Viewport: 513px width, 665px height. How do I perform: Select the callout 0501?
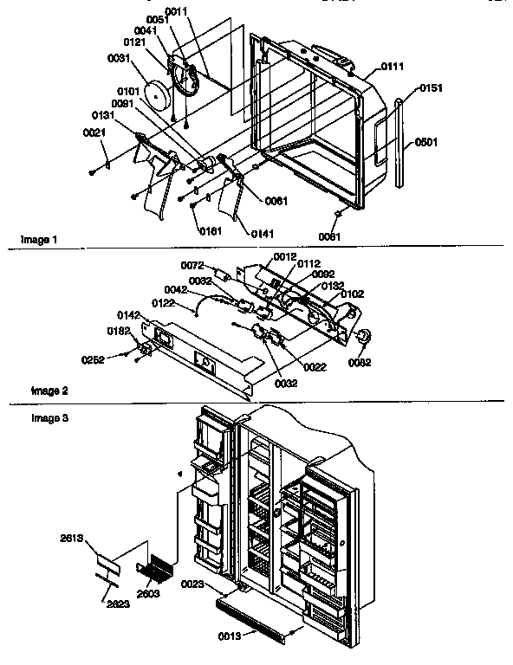425,142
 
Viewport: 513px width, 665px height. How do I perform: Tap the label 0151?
431,88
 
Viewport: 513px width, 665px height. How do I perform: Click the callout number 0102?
351,294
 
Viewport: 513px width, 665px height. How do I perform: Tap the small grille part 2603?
159,571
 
